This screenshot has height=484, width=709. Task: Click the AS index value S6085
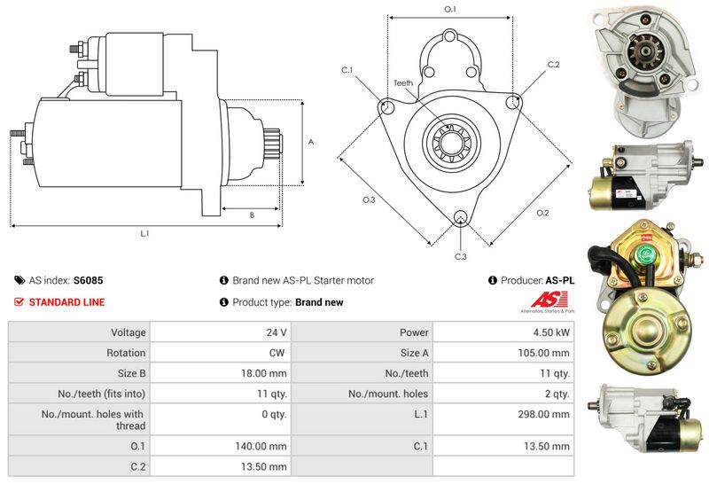coord(88,280)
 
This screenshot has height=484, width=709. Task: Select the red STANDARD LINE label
coord(66,302)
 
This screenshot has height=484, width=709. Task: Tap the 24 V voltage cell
coord(277,332)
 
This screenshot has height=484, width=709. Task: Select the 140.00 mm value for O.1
coord(265,446)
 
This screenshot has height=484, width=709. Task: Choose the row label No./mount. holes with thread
coord(92,420)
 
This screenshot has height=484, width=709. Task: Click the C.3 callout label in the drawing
coord(460,257)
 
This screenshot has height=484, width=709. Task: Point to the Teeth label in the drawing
coord(403,83)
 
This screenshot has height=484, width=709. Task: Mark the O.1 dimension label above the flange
coord(449,9)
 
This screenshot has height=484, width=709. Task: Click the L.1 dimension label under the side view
coord(144,234)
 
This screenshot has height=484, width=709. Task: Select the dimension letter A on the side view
coord(310,141)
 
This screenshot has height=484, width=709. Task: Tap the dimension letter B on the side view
coord(252,215)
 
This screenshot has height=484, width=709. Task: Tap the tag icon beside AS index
coord(19,280)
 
